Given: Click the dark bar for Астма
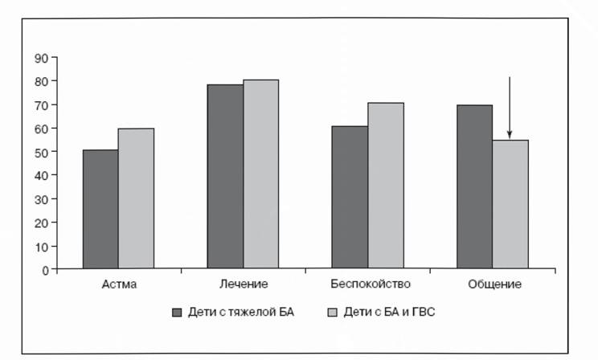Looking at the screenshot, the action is [x=100, y=209].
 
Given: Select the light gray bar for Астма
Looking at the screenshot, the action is [x=136, y=198].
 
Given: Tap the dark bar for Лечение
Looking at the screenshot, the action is [x=225, y=177].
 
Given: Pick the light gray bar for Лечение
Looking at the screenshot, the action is [x=261, y=174].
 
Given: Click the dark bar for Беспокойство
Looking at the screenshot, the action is [x=350, y=197].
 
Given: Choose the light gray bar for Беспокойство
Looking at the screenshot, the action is [x=386, y=186].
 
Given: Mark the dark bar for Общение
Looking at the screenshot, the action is [x=475, y=187].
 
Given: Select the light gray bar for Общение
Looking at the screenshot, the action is [x=510, y=204].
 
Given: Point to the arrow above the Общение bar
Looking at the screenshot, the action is [x=510, y=108].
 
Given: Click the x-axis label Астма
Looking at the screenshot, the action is [x=119, y=284].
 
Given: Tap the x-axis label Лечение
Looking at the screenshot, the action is [x=244, y=284].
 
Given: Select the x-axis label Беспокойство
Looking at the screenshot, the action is [x=371, y=284].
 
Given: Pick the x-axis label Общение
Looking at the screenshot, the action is [x=494, y=284].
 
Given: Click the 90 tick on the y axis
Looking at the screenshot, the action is [x=54, y=57].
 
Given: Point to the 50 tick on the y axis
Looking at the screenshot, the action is [x=54, y=151].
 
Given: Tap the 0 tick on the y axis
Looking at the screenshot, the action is [x=54, y=269].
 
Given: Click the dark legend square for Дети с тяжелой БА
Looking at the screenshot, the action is [x=177, y=313].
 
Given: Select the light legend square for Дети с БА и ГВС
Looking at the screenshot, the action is [x=333, y=313].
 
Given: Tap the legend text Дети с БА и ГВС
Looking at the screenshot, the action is [x=389, y=313].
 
